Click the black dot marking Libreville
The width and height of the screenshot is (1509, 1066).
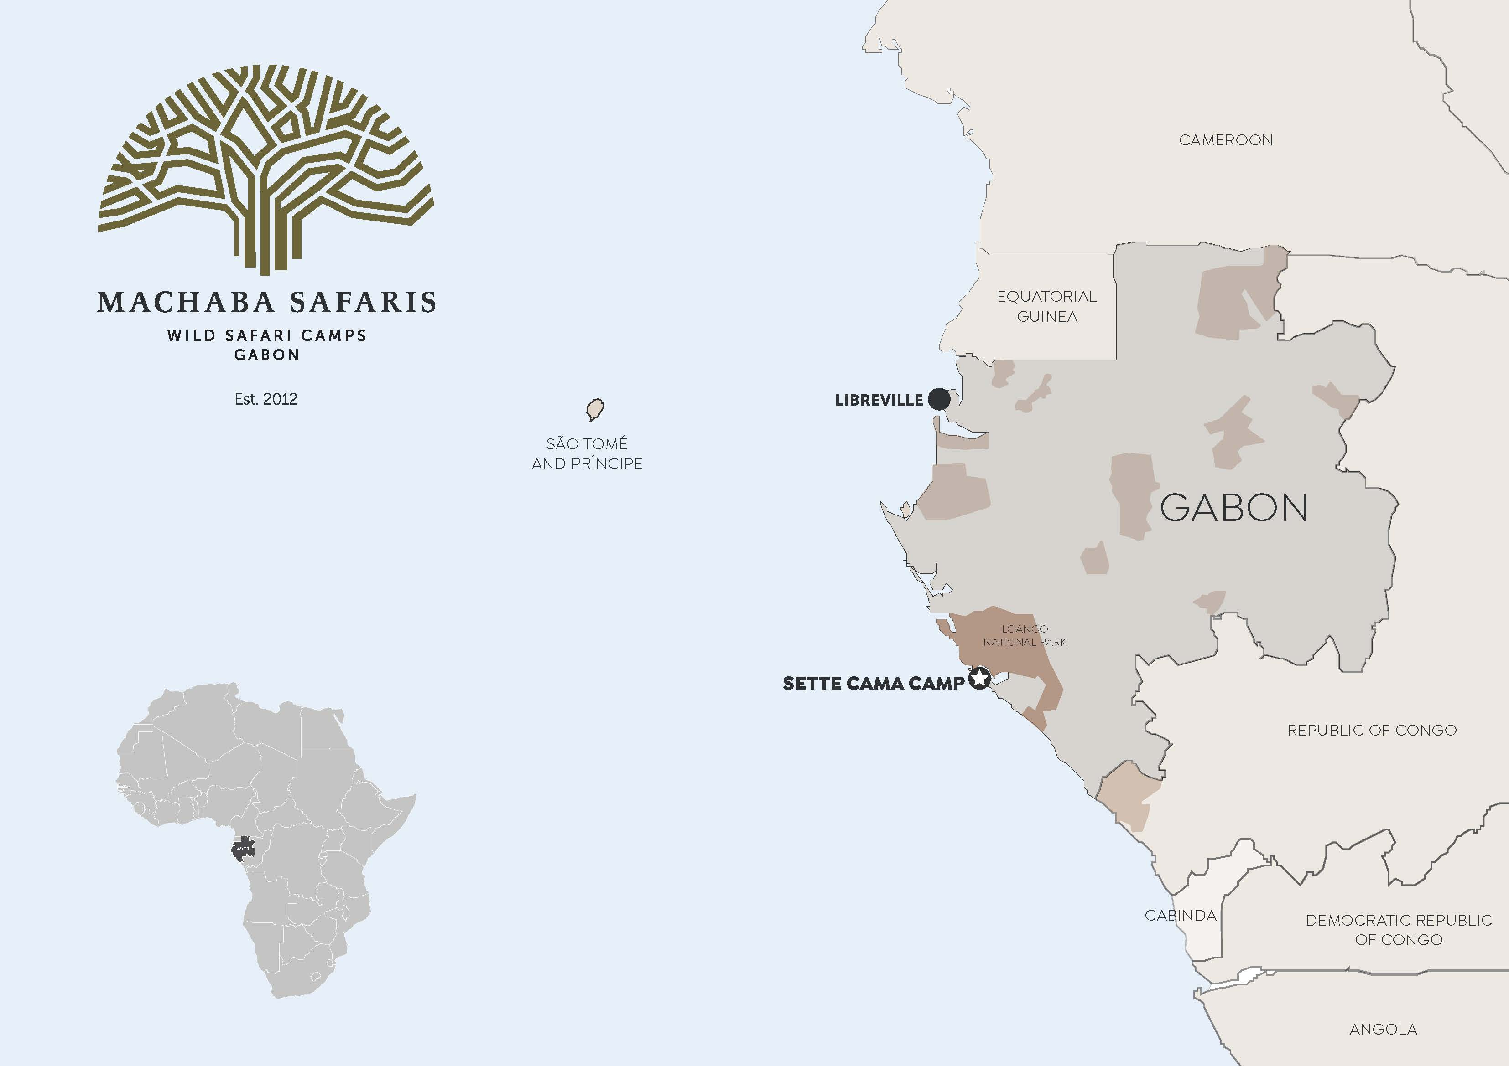point(938,399)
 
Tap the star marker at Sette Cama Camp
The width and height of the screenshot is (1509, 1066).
point(979,679)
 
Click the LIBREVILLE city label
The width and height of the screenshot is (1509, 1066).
point(879,400)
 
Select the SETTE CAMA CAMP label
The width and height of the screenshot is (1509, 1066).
point(873,683)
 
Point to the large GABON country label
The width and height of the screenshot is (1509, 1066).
point(1233,508)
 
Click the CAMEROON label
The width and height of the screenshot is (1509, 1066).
point(1225,140)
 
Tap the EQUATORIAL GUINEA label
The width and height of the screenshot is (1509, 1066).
point(1046,306)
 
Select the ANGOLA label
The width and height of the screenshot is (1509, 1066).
point(1383,1029)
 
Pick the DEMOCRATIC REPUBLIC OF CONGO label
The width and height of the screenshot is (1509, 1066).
point(1398,929)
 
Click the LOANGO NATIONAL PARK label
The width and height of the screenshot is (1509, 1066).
point(1024,635)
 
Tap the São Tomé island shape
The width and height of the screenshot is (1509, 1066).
point(595,410)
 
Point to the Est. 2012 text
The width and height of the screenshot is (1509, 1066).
point(265,399)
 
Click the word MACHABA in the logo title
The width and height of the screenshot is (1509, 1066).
point(185,302)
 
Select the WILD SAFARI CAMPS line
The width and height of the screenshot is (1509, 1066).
point(266,335)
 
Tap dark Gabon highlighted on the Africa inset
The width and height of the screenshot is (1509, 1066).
point(243,848)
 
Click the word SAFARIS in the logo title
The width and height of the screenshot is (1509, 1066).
point(363,302)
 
